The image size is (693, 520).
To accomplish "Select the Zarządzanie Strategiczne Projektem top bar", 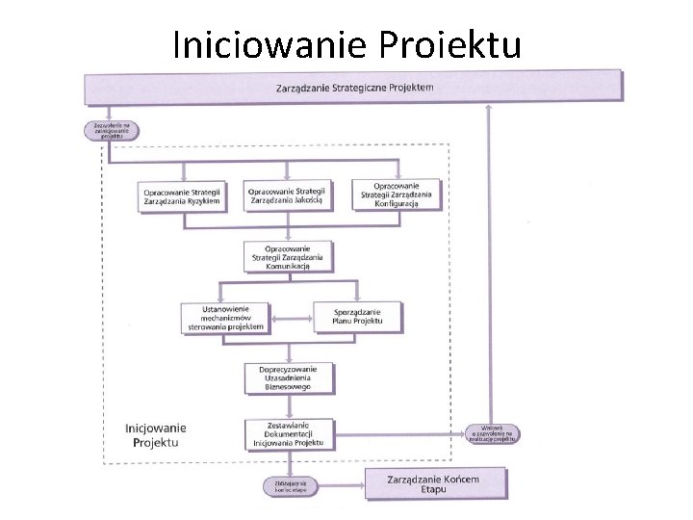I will pyautogui.click(x=354, y=88).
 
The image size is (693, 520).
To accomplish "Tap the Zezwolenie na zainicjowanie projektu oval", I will pyautogui.click(x=112, y=131).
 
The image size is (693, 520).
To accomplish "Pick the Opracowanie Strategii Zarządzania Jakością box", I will pyautogui.click(x=288, y=195).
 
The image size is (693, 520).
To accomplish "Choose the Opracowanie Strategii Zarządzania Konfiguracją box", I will pyautogui.click(x=397, y=195).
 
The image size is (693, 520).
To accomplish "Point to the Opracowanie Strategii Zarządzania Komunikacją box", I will pyautogui.click(x=288, y=258).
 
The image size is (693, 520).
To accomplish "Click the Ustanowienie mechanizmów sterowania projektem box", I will pyautogui.click(x=225, y=318).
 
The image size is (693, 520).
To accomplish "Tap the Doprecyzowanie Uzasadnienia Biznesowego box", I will pyautogui.click(x=289, y=378).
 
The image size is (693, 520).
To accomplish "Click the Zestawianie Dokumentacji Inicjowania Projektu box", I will pyautogui.click(x=289, y=435).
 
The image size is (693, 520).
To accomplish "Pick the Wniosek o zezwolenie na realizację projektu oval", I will pyautogui.click(x=494, y=434).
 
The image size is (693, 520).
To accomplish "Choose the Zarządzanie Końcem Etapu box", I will pyautogui.click(x=434, y=483).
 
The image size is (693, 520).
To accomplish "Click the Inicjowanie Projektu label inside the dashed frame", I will pyautogui.click(x=156, y=434).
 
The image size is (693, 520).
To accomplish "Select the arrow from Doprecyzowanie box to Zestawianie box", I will pyautogui.click(x=289, y=405).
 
